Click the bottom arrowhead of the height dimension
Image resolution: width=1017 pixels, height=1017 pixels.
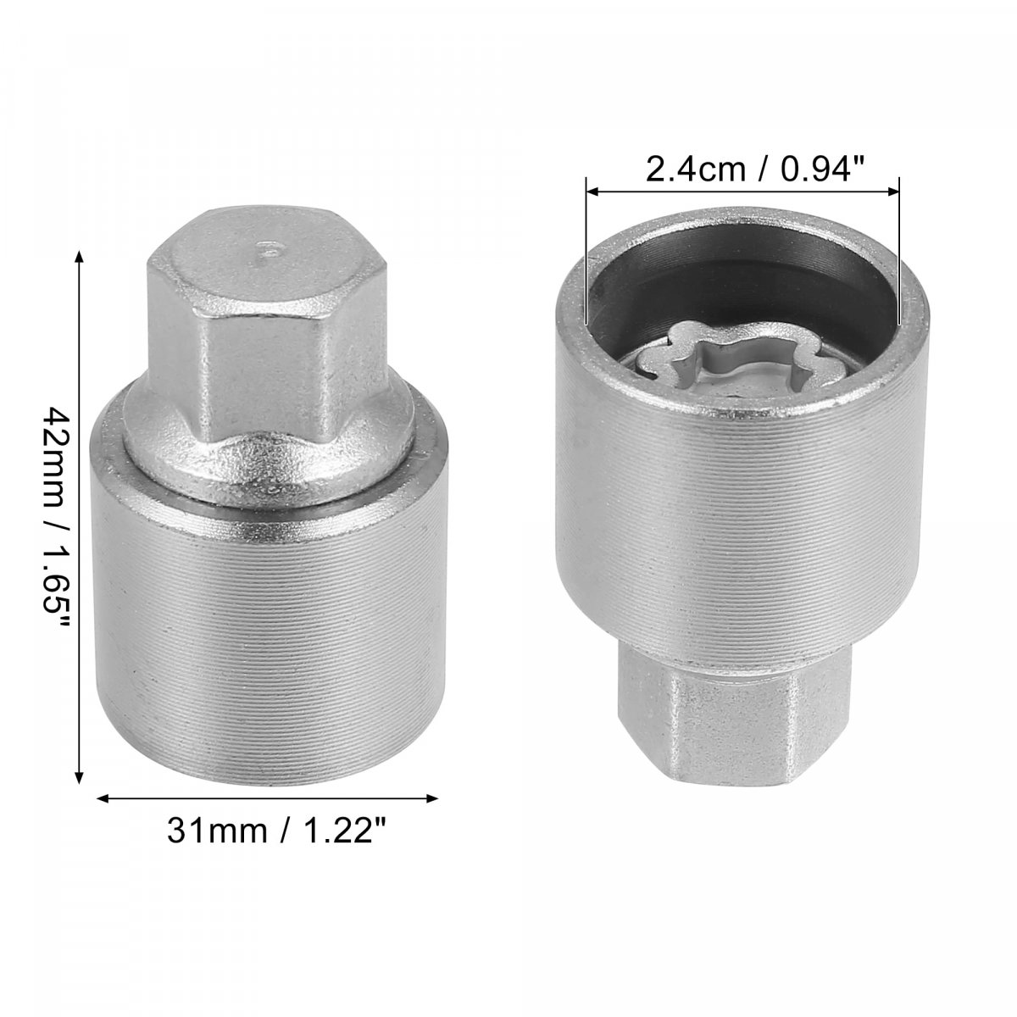click(x=79, y=778)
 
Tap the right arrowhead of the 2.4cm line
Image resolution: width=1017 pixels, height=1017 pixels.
click(x=892, y=191)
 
